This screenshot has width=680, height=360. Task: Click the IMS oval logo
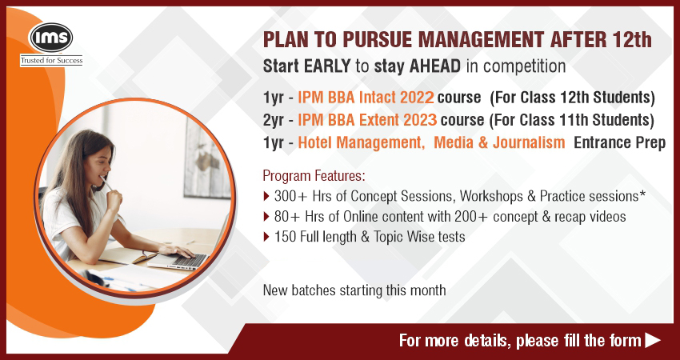coord(50,38)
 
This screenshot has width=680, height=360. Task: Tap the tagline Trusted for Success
coord(51,61)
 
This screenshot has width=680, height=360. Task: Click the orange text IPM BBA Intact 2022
coord(366,98)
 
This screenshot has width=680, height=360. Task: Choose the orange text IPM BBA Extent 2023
coord(367,120)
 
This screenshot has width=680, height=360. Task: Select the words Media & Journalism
coord(499,142)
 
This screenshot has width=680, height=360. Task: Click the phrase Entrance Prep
coord(619,142)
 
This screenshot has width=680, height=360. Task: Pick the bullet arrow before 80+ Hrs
coord(266,217)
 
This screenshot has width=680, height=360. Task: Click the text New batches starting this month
coord(354,290)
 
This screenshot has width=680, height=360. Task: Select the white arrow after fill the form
coord(653,340)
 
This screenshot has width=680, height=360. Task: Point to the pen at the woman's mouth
coord(106,182)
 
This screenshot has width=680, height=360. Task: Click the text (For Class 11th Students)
coord(571,120)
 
